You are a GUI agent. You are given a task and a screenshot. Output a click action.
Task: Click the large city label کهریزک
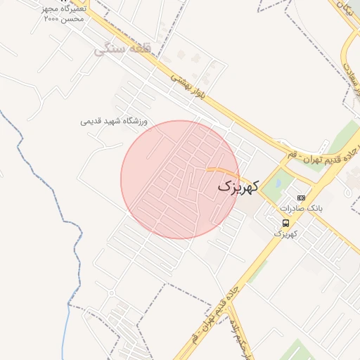[x=238, y=186]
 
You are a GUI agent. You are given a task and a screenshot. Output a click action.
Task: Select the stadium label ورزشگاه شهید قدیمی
[x=114, y=121]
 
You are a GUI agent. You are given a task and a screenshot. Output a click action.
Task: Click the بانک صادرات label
[x=300, y=209]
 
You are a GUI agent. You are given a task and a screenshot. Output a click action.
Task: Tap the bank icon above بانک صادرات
[x=302, y=198]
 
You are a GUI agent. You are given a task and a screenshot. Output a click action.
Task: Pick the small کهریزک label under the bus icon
[x=285, y=233]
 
